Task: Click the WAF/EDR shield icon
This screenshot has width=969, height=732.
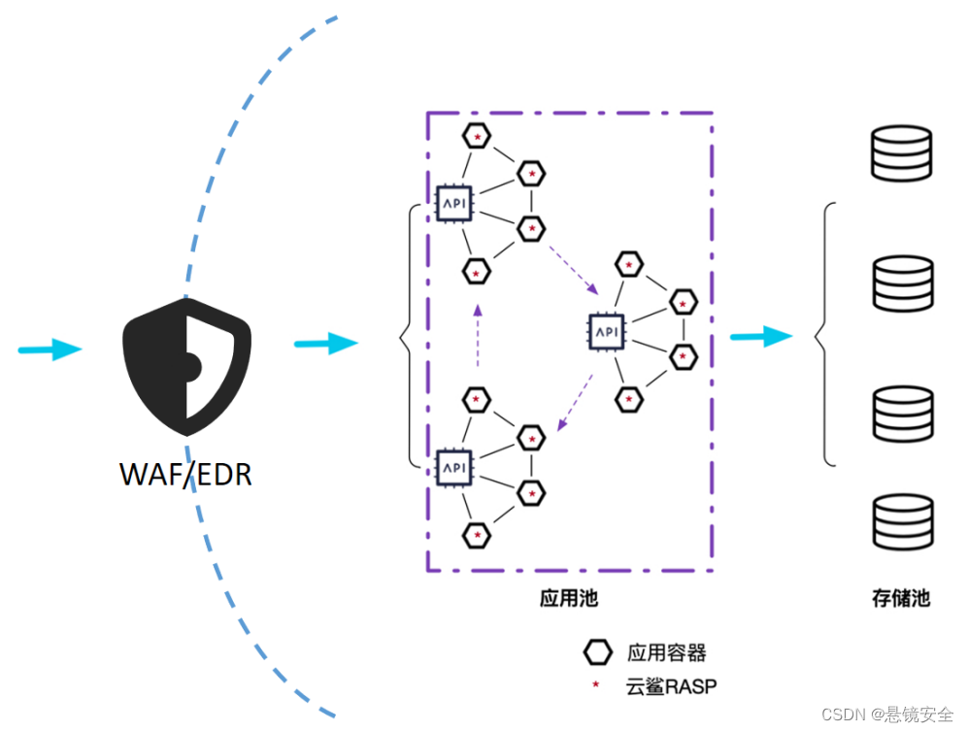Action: [x=186, y=367]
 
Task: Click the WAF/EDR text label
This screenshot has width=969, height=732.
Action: [x=185, y=475]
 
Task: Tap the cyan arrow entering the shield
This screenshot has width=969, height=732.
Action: [x=50, y=349]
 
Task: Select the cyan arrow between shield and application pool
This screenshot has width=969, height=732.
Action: [x=326, y=344]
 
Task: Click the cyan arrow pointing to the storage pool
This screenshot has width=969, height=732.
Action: [x=761, y=337]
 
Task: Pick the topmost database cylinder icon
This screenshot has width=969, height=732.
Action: [x=902, y=153]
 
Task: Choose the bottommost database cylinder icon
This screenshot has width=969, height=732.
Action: [x=903, y=522]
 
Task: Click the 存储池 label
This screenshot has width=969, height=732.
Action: [x=901, y=598]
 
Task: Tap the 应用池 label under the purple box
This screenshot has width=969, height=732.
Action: [x=569, y=598]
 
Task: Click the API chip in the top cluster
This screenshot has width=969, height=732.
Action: [x=454, y=203]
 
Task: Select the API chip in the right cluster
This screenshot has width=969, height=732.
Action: [x=606, y=332]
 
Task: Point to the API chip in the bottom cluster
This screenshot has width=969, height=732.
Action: [x=454, y=468]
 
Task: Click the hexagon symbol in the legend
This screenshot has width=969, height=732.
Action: [x=597, y=652]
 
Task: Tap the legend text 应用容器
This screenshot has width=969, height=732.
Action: [x=667, y=652]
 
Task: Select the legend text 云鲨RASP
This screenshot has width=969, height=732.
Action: [x=671, y=686]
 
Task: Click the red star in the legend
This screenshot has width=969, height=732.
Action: [x=596, y=684]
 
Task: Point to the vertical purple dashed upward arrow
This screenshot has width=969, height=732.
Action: [x=478, y=336]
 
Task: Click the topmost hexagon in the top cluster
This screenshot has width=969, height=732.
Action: [x=477, y=136]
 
